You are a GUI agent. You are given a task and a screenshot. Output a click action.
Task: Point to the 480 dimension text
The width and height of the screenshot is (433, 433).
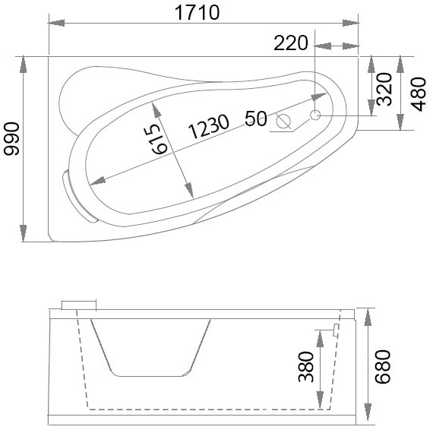[x=419, y=92]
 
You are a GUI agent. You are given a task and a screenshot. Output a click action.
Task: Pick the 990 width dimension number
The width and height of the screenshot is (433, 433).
[x=11, y=141]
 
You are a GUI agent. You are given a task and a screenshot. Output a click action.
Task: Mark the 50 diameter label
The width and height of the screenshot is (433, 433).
[x=255, y=118]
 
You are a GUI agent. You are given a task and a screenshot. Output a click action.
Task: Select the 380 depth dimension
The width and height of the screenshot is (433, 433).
[x=306, y=368]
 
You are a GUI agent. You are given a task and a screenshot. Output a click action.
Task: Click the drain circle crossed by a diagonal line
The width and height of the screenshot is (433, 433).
[x=285, y=121]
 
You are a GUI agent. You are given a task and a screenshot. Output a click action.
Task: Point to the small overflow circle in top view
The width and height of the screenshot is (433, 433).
[x=315, y=114]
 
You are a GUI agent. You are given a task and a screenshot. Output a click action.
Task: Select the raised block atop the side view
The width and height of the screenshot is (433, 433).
[x=79, y=305]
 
